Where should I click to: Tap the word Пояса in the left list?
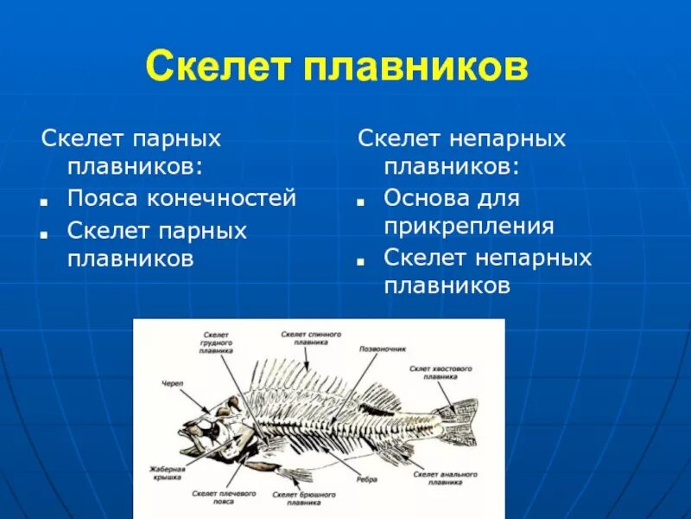click(102, 198)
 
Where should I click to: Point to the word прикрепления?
click(468, 227)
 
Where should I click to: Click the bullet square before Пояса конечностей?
click(42, 202)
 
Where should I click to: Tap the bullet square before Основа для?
click(360, 202)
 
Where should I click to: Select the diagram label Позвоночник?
click(382, 349)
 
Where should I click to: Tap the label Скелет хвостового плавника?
click(441, 373)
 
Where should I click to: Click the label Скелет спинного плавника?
click(311, 337)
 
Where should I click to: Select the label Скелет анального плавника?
click(440, 477)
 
